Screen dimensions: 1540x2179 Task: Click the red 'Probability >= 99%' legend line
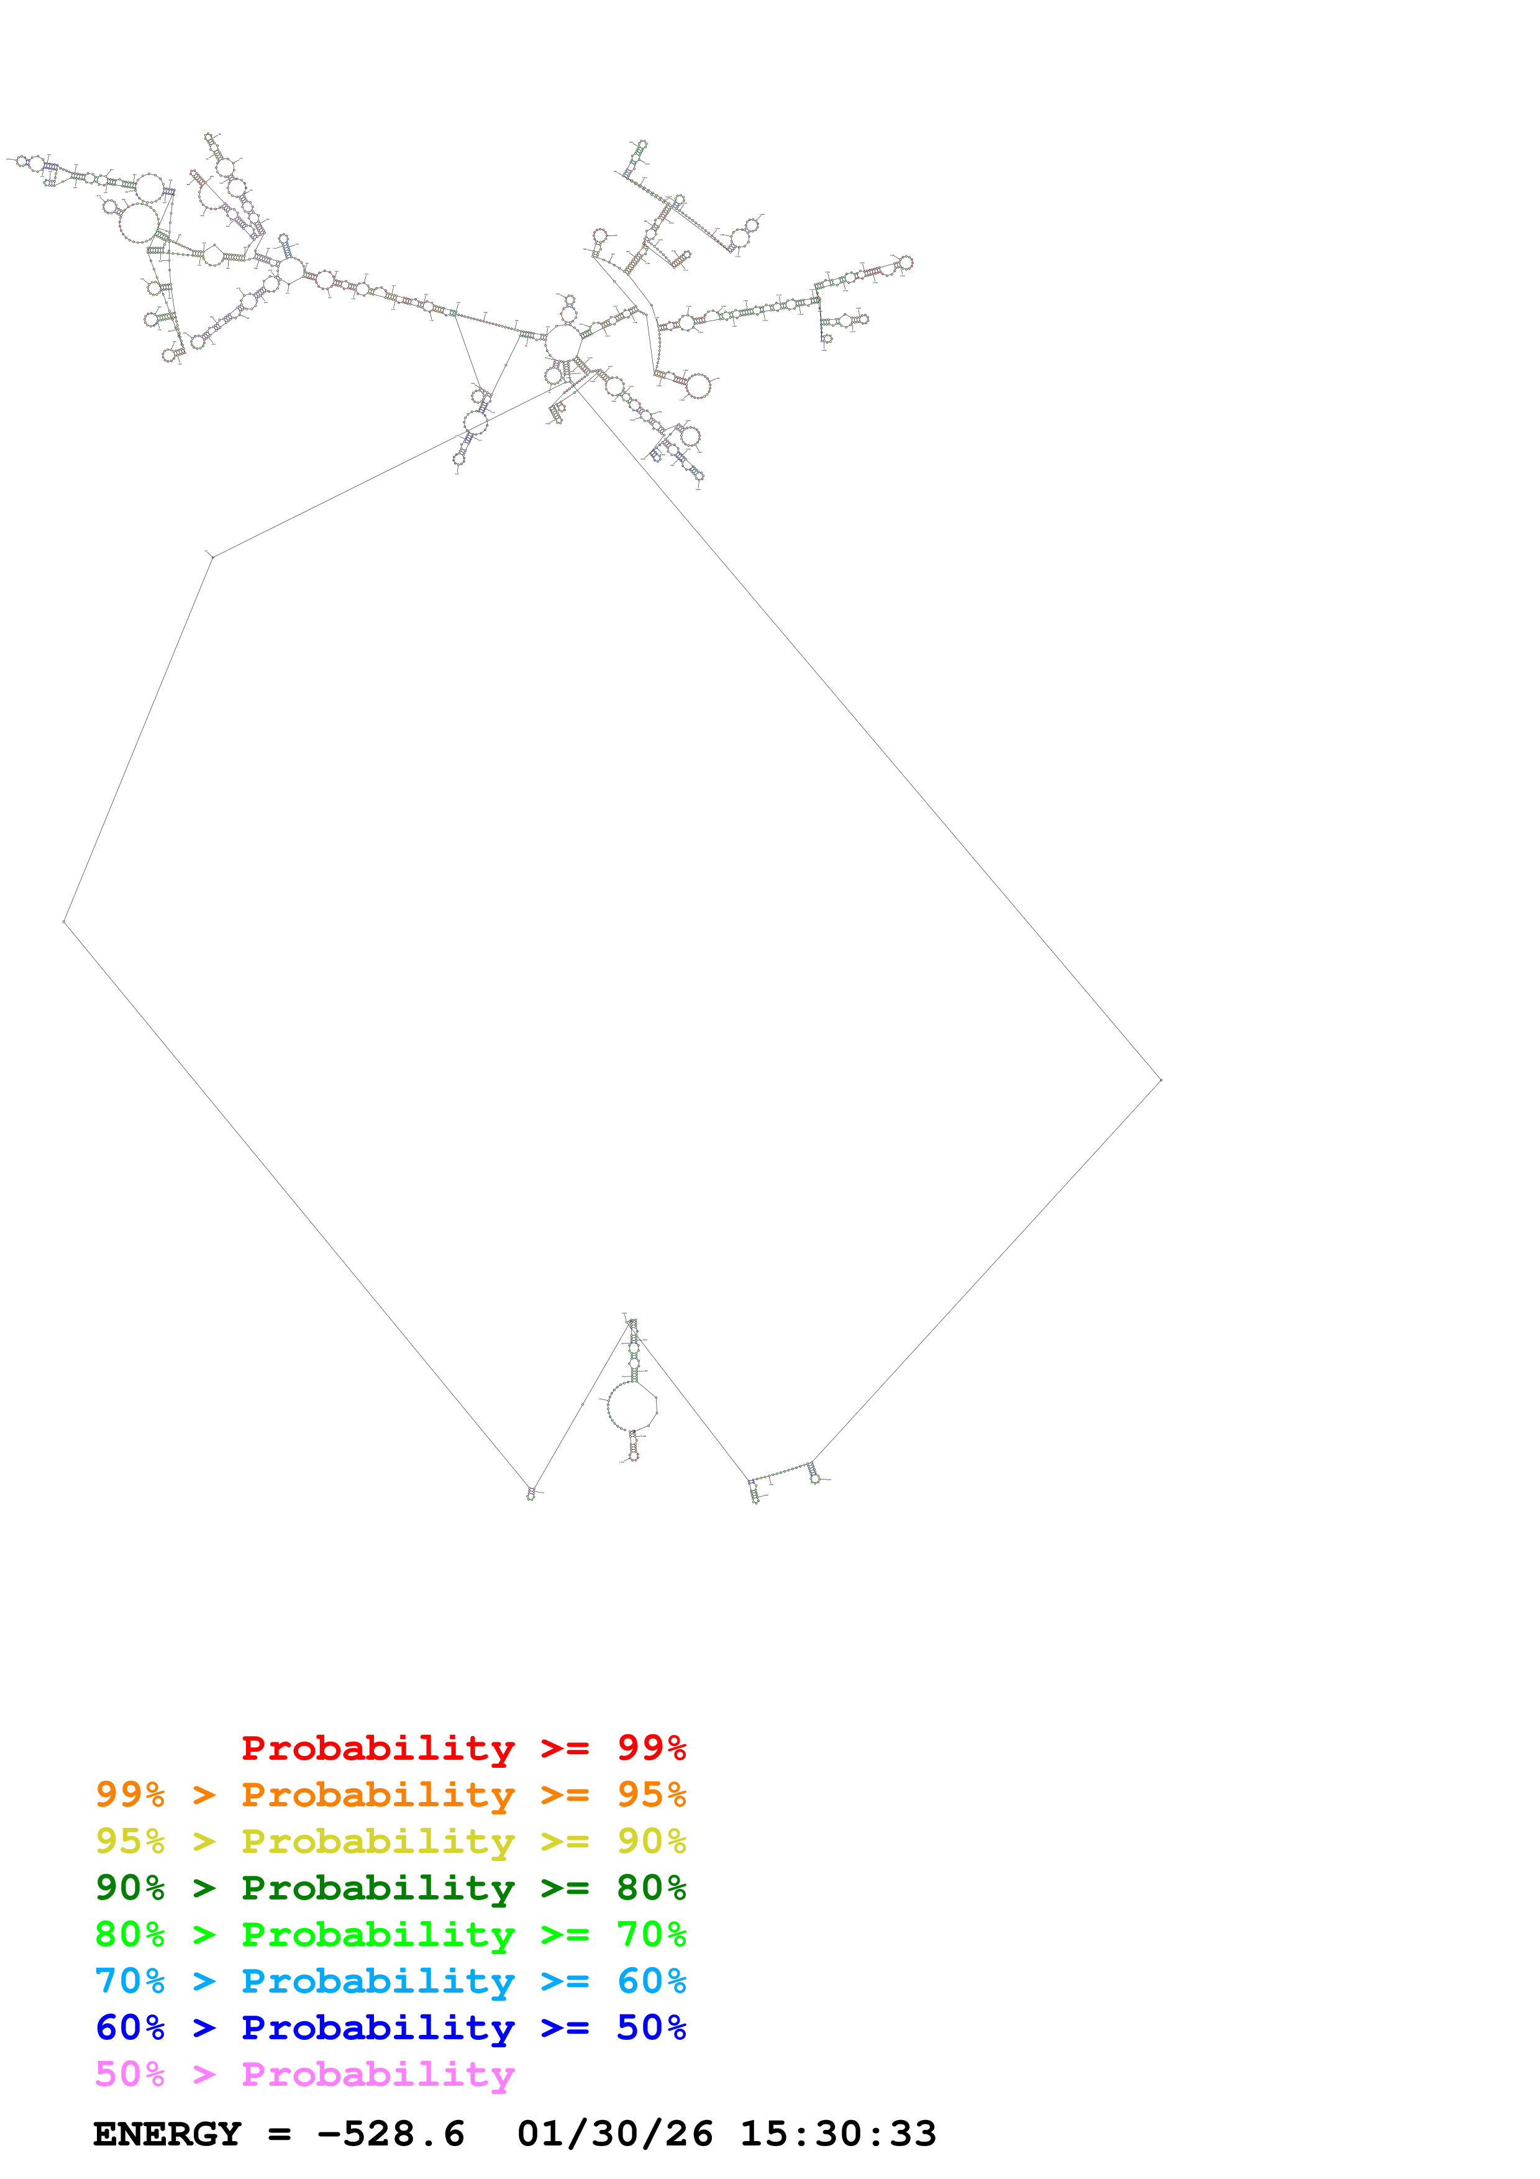[x=463, y=1748]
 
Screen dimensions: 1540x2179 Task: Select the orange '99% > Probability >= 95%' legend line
[x=390, y=1795]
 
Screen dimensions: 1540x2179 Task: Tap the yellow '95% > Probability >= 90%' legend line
[x=390, y=1841]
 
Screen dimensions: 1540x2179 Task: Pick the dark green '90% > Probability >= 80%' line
[x=390, y=1888]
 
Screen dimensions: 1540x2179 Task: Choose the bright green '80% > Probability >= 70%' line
[x=390, y=1934]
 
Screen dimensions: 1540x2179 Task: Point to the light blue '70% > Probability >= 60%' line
[x=390, y=1981]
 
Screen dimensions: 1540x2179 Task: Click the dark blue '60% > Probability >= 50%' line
[x=390, y=2027]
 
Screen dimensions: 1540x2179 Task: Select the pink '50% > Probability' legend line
[x=304, y=2073]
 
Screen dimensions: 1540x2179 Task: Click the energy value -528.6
[x=390, y=2134]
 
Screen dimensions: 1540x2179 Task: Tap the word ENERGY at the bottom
[x=167, y=2134]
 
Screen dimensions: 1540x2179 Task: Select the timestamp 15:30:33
[x=838, y=2134]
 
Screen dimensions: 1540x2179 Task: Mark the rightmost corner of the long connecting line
[x=1160, y=1080]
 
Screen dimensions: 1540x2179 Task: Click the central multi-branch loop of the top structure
[x=563, y=343]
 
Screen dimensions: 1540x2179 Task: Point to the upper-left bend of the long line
[x=212, y=557]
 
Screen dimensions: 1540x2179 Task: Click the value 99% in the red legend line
[x=651, y=1748]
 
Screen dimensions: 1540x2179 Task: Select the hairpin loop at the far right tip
[x=906, y=263]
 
